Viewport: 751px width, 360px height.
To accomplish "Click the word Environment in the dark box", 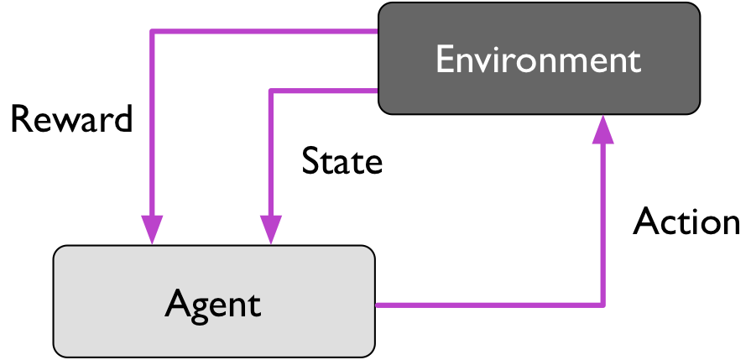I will pyautogui.click(x=538, y=60).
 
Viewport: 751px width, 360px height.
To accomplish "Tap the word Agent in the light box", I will pyautogui.click(x=213, y=303).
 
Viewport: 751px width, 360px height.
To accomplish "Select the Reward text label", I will pyautogui.click(x=71, y=120).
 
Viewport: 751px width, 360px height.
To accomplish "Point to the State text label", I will pyautogui.click(x=342, y=161).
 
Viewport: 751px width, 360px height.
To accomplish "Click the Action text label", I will pyautogui.click(x=686, y=222).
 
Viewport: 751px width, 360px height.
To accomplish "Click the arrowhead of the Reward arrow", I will pyautogui.click(x=152, y=229).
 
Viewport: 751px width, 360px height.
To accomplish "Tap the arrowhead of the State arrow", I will pyautogui.click(x=270, y=229).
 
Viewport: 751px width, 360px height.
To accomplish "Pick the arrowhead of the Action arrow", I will pyautogui.click(x=602, y=129).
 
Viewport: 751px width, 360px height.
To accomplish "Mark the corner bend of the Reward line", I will pyautogui.click(x=152, y=32).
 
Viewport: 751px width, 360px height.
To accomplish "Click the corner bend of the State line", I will pyautogui.click(x=270, y=89).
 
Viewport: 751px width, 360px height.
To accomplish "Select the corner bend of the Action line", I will pyautogui.click(x=602, y=305).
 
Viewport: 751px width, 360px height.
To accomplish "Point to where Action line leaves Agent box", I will pyautogui.click(x=377, y=305).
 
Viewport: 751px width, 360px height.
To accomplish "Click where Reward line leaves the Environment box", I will pyautogui.click(x=377, y=32).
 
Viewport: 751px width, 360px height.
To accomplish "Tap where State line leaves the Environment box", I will pyautogui.click(x=377, y=89).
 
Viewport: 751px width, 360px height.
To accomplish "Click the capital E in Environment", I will pyautogui.click(x=444, y=60).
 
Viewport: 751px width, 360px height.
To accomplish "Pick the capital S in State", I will pyautogui.click(x=310, y=161).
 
